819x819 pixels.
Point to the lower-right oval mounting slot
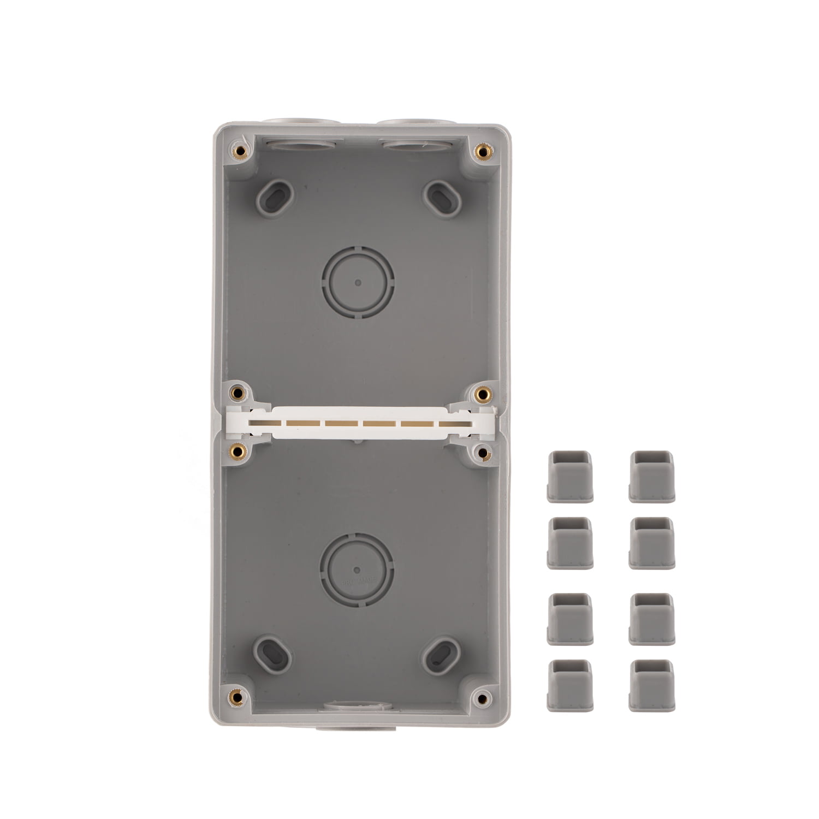(442, 654)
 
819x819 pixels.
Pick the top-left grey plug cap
(569, 476)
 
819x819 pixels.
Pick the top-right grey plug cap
(651, 476)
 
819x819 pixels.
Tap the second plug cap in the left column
(569, 543)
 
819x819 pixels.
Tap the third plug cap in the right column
(651, 619)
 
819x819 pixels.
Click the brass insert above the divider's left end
(237, 392)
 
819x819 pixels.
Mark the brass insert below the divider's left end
(236, 450)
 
